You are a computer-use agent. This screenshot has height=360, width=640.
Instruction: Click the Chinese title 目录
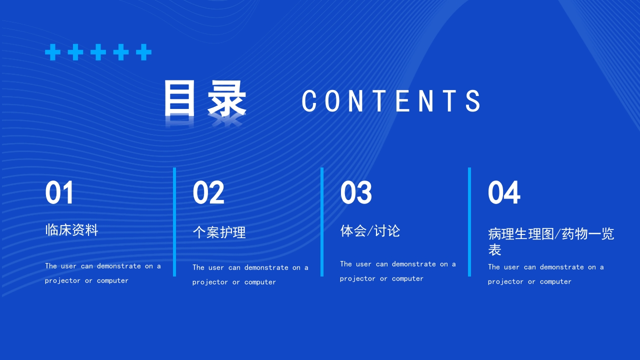[205, 99]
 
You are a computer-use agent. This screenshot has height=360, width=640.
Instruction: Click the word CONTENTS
[391, 101]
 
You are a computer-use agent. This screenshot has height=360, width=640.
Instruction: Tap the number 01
[59, 193]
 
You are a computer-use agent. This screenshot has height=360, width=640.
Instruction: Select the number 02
[208, 193]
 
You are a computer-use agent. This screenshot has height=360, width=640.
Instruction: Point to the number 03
[356, 193]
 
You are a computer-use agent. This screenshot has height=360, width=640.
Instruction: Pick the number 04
[504, 193]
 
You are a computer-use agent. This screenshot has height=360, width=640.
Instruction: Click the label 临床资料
[71, 230]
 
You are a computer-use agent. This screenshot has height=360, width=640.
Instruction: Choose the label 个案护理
[219, 232]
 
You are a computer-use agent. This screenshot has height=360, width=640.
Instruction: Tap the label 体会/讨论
[370, 231]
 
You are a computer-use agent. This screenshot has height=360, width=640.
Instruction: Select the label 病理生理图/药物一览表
[551, 241]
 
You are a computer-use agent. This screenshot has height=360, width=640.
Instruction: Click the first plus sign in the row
[52, 52]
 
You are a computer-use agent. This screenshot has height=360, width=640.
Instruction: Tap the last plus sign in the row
[143, 52]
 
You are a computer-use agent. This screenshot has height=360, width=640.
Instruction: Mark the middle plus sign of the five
[98, 52]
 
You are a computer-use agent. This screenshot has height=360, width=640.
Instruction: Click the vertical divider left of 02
[174, 221]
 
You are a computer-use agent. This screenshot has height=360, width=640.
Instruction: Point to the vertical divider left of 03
[322, 221]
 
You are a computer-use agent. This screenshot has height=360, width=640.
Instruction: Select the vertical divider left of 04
[469, 221]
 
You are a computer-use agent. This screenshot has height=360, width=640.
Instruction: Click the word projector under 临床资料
[62, 281]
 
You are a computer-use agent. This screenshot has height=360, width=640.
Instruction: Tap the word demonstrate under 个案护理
[266, 268]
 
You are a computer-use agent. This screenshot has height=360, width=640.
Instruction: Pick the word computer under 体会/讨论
[407, 279]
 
